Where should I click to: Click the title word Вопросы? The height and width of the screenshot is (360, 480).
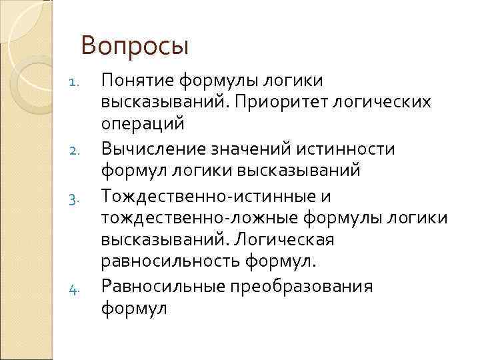pos(135,47)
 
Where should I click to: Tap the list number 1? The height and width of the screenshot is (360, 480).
pos(75,83)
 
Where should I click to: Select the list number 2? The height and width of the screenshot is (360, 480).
pos(75,151)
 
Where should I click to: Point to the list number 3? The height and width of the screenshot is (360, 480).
pos(75,199)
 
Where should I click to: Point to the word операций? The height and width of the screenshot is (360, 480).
pos(141,125)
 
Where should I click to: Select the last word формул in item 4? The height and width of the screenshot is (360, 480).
pos(133,309)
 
